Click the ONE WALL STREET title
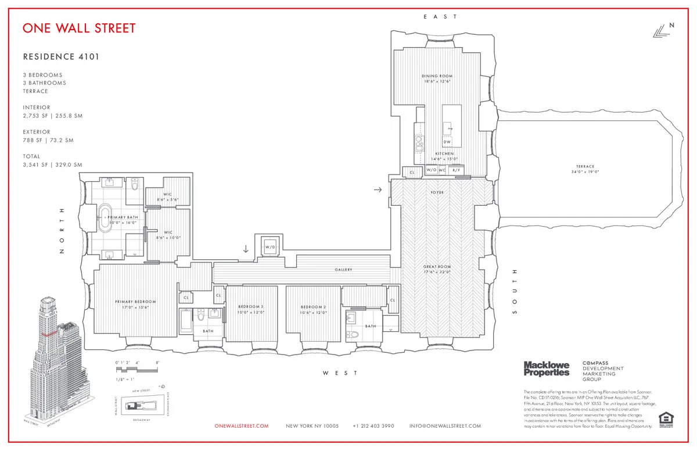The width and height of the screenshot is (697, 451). [x=79, y=28]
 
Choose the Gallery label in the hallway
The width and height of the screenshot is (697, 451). [x=343, y=270]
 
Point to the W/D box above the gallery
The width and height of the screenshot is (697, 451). [x=270, y=247]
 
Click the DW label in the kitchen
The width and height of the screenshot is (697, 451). [x=447, y=142]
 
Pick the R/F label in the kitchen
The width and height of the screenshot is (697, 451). [x=457, y=170]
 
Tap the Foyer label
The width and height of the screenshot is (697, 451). [x=437, y=191]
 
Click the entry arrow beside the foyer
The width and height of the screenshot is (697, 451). [x=378, y=189]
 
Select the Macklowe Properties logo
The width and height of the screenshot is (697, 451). [x=547, y=368]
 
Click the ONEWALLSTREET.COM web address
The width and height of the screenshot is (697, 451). [x=242, y=426]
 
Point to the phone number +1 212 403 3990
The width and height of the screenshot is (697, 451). [x=373, y=426]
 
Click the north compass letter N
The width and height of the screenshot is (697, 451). [x=672, y=25]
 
